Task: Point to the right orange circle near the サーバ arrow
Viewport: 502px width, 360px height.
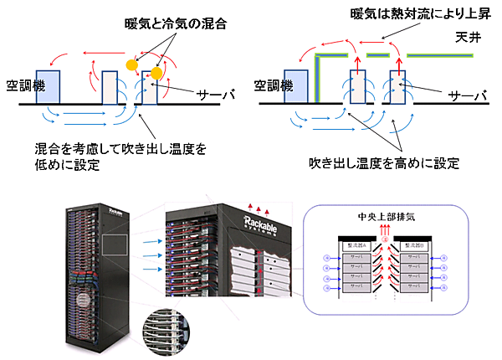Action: tap(156, 75)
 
